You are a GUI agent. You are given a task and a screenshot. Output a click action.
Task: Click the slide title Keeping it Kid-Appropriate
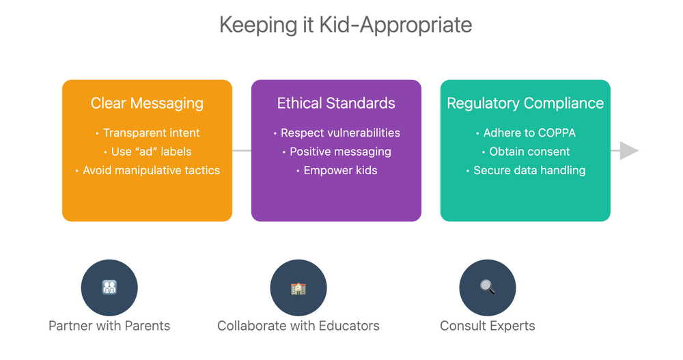[346, 25]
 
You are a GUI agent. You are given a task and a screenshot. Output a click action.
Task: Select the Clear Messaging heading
[147, 103]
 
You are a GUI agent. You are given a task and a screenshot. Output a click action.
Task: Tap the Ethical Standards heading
[336, 103]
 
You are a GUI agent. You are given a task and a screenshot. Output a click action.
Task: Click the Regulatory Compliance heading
[525, 103]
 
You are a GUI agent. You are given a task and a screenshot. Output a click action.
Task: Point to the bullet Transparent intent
[151, 133]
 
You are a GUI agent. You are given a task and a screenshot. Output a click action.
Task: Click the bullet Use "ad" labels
[151, 152]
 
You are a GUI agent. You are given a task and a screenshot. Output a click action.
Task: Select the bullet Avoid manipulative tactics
[151, 170]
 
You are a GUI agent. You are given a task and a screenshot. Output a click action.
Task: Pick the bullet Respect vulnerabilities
[339, 133]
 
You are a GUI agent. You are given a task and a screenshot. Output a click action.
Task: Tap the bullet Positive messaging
[339, 152]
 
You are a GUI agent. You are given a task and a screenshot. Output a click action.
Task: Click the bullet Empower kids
[339, 170]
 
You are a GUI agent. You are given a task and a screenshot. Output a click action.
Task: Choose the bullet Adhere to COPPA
[529, 133]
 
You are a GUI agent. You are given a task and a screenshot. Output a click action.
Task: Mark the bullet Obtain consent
[529, 152]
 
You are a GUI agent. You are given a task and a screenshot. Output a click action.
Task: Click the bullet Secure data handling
[529, 170]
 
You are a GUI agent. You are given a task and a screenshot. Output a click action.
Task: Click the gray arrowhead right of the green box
[628, 150]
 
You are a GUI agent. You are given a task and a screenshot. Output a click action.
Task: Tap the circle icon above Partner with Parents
[109, 288]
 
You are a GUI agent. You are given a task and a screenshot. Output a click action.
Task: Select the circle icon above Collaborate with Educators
[298, 288]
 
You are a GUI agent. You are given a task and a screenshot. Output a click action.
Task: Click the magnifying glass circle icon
[488, 288]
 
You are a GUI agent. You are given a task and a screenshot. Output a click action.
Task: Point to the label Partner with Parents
[109, 326]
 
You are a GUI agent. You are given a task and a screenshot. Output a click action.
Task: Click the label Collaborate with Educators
[298, 326]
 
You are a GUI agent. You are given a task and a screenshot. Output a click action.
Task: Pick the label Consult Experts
[488, 326]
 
